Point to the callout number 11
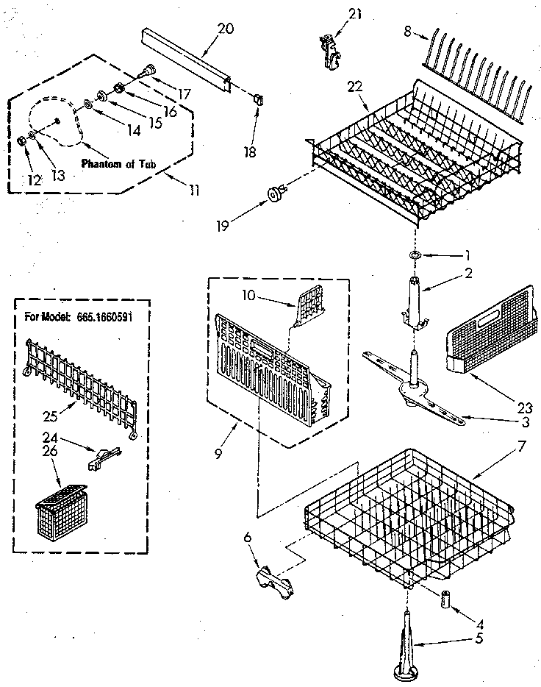[193, 190]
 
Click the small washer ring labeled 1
[415, 255]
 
